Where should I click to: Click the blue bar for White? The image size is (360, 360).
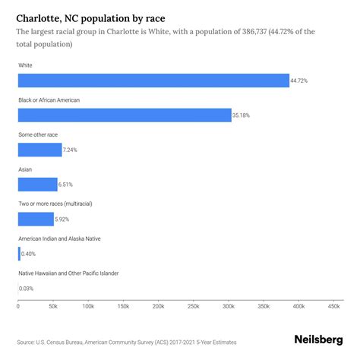(153, 81)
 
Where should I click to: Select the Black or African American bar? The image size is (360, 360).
(124, 115)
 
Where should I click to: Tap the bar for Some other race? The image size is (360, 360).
(39, 150)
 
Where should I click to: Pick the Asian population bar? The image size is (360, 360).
(37, 184)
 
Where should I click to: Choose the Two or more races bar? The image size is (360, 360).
(36, 219)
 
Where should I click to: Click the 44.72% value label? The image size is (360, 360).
(301, 81)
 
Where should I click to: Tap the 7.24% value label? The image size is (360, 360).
(70, 150)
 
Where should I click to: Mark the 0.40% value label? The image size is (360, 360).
(29, 254)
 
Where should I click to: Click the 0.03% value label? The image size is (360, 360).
(26, 288)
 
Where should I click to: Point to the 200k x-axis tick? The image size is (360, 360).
(158, 306)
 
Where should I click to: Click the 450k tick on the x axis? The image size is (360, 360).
(333, 306)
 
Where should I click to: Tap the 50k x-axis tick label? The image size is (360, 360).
(52, 306)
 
